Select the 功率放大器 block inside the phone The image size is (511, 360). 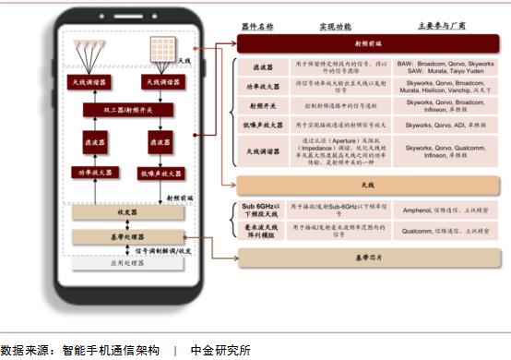click(95, 173)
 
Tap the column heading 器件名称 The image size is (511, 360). click(255, 26)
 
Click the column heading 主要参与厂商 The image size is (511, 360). click(439, 26)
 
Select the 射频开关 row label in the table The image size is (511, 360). click(255, 106)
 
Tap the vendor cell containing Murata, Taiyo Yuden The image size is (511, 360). click(439, 66)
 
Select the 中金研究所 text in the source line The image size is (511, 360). click(220, 350)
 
